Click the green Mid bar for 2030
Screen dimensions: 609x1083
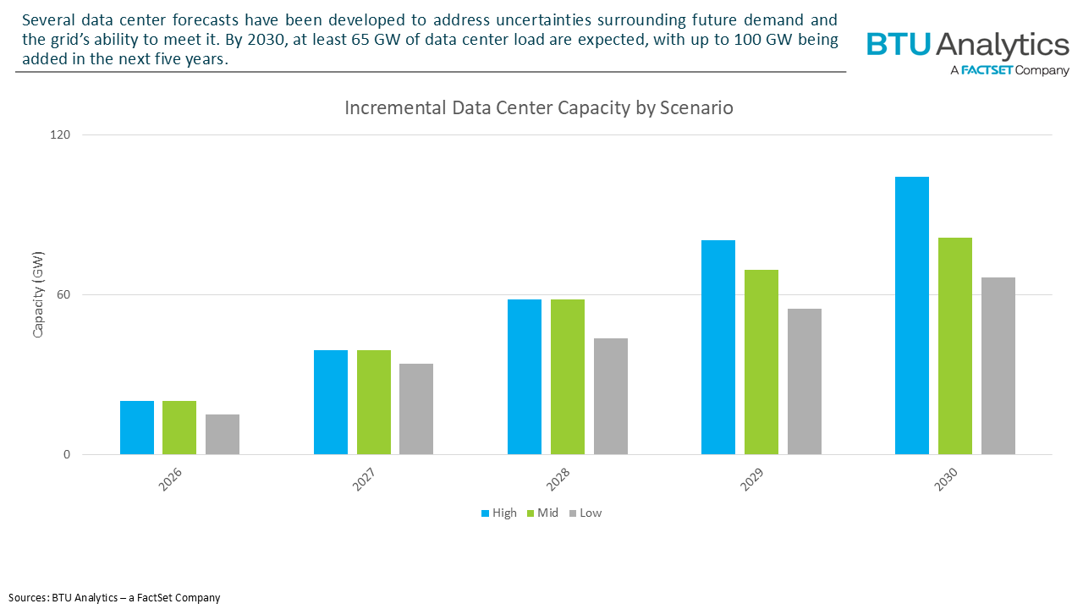tap(954, 346)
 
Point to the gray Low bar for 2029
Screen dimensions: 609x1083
tap(804, 381)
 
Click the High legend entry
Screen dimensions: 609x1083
tap(498, 513)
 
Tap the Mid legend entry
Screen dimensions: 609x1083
tap(541, 513)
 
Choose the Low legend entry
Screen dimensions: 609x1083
tap(585, 513)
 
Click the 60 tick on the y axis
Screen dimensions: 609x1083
tap(63, 294)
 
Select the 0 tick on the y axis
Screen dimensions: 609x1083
tap(66, 454)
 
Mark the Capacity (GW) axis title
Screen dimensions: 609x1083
tap(37, 294)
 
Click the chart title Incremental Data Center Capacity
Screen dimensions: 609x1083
tap(538, 108)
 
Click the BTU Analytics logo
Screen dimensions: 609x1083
tap(967, 52)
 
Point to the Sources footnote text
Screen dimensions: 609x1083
tap(115, 597)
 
